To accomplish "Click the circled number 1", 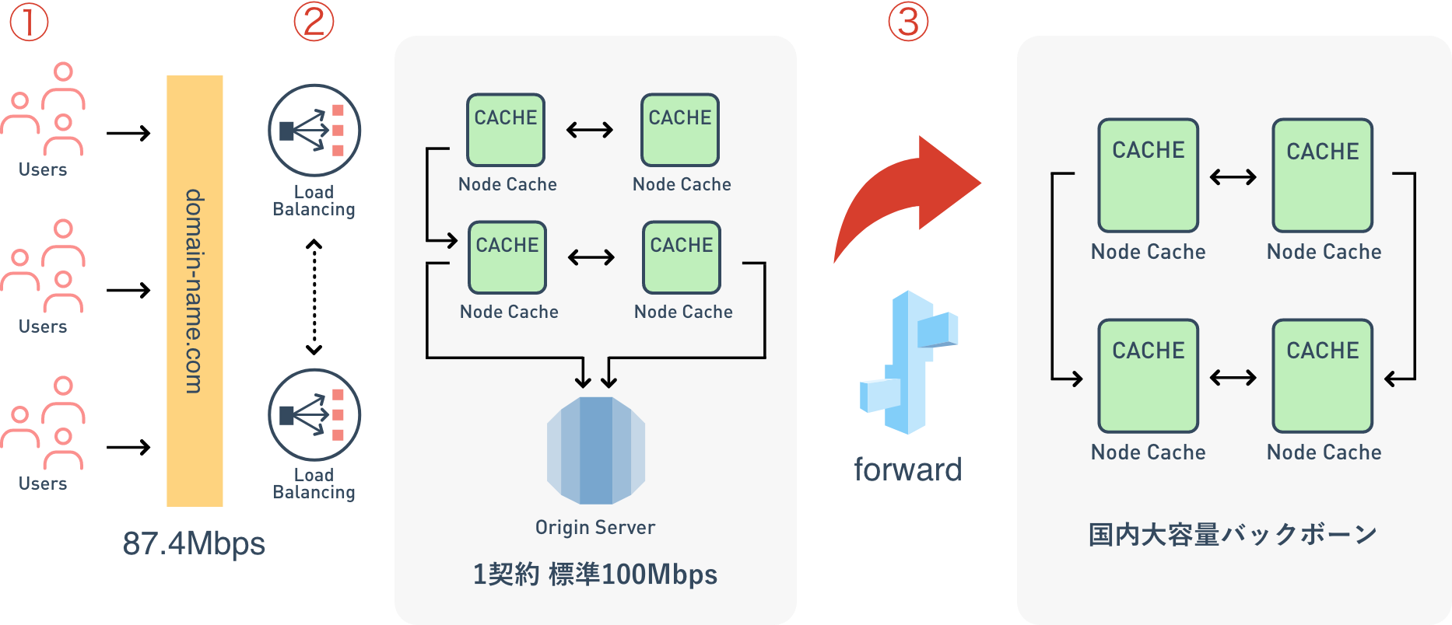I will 29,22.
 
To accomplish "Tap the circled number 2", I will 314,22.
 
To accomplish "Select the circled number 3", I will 908,22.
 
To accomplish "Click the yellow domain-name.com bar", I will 195,291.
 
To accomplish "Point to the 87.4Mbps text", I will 194,543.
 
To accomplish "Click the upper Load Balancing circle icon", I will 314,131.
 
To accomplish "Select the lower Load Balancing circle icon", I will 314,415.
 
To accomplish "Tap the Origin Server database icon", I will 596,450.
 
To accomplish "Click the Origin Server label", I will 595,527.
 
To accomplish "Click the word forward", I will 908,470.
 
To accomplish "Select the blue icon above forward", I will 909,362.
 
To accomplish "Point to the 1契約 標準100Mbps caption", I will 595,574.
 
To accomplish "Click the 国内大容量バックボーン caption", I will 1233,535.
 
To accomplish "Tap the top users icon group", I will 43,109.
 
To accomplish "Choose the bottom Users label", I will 43,484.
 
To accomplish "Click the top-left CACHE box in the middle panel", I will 506,130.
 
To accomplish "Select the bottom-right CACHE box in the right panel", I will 1322,375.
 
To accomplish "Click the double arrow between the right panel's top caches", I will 1233,177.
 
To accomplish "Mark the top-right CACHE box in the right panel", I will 1322,175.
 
